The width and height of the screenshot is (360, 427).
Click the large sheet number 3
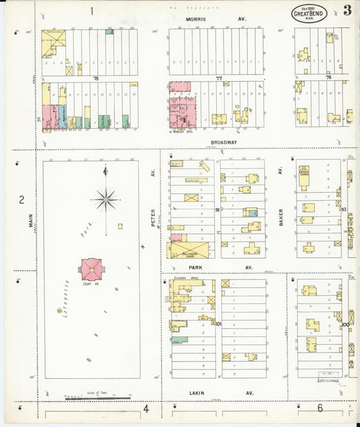click(x=346, y=10)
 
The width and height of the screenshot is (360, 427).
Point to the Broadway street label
click(x=224, y=143)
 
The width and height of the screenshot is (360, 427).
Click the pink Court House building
click(x=92, y=270)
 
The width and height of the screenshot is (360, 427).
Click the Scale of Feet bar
click(x=98, y=398)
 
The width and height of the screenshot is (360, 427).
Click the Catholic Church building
click(x=304, y=174)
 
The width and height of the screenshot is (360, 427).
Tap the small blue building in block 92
click(x=253, y=213)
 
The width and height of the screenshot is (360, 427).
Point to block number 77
click(x=219, y=78)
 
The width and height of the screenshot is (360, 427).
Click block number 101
click(x=217, y=324)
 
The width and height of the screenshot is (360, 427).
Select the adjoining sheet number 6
click(x=319, y=408)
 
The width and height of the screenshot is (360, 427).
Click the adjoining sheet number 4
click(x=145, y=408)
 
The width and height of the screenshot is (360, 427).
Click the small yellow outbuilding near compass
click(x=120, y=226)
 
